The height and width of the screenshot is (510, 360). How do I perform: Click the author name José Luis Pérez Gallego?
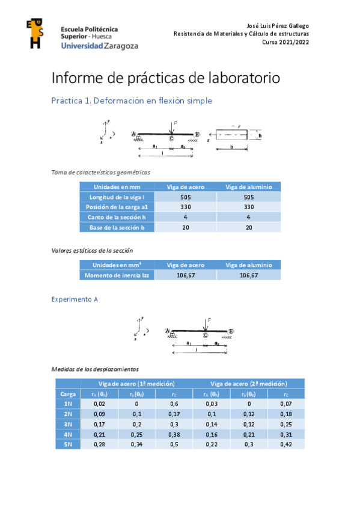[278, 26]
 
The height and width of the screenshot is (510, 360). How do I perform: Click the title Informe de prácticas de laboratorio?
[166, 78]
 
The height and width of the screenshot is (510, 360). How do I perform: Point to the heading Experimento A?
[75, 298]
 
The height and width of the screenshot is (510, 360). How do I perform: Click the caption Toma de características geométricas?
[100, 173]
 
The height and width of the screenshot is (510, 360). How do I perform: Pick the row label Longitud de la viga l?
[117, 197]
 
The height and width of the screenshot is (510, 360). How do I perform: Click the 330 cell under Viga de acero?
[186, 207]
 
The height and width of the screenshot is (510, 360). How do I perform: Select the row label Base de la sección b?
[117, 227]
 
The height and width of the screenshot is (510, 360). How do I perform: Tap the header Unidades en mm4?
[117, 265]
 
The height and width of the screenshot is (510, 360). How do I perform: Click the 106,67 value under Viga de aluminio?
[249, 275]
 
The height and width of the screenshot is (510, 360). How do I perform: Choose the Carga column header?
[68, 394]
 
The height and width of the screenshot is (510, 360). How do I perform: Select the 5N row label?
[68, 443]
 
